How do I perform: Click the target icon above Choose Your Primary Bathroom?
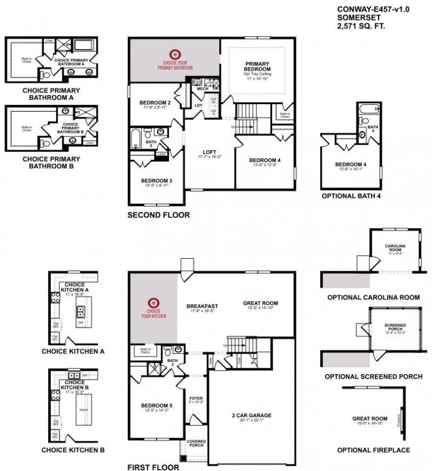pyautogui.click(x=174, y=54)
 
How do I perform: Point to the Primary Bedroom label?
pyautogui.click(x=257, y=66)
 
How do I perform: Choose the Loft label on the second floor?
pyautogui.click(x=210, y=152)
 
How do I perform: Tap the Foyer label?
pyautogui.click(x=195, y=398)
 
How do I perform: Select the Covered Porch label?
pyautogui.click(x=197, y=443)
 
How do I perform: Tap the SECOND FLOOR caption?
pyautogui.click(x=158, y=215)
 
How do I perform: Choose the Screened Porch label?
pyautogui.click(x=395, y=327)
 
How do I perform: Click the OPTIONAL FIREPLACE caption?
pyautogui.click(x=373, y=450)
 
